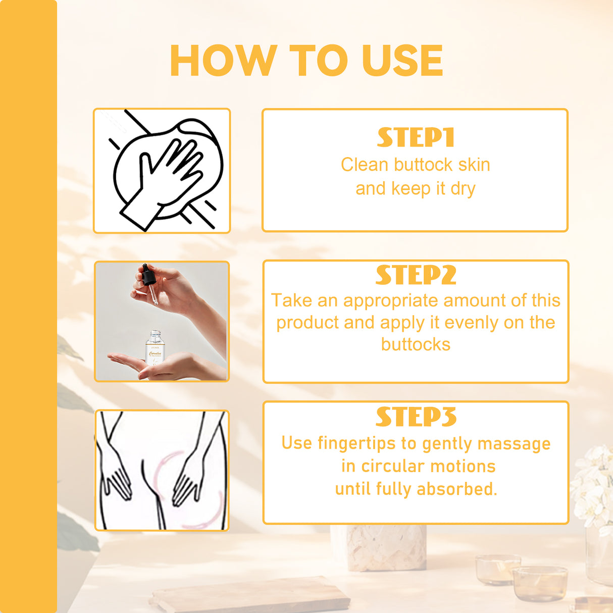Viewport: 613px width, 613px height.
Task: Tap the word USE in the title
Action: click(402, 61)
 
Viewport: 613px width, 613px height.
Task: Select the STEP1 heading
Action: click(416, 137)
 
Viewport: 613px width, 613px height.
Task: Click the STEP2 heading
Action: click(416, 275)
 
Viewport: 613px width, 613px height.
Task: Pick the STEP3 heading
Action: click(416, 417)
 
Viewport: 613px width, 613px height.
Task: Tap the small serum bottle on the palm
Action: click(155, 348)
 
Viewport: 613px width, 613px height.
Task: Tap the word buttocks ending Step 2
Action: click(416, 344)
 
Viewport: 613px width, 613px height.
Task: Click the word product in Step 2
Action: click(308, 323)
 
